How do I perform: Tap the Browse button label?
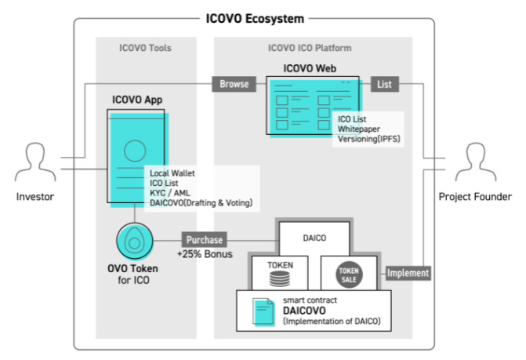pyautogui.click(x=234, y=82)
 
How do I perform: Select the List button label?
pyautogui.click(x=384, y=82)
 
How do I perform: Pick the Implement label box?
pyautogui.click(x=408, y=273)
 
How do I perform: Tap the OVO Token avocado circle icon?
pyautogui.click(x=133, y=240)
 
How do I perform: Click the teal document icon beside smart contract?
pyautogui.click(x=262, y=313)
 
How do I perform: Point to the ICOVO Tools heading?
pyautogui.click(x=144, y=48)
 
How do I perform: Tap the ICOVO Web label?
pyautogui.click(x=310, y=68)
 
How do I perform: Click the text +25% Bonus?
pyautogui.click(x=204, y=256)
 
